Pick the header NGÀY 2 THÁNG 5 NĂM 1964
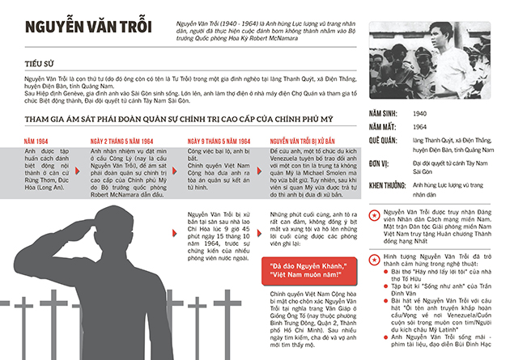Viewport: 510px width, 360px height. [121, 142]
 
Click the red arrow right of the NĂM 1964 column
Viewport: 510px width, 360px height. [77, 172]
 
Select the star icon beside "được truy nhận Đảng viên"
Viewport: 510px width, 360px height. [375, 216]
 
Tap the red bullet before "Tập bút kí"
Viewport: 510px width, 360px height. [385, 286]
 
